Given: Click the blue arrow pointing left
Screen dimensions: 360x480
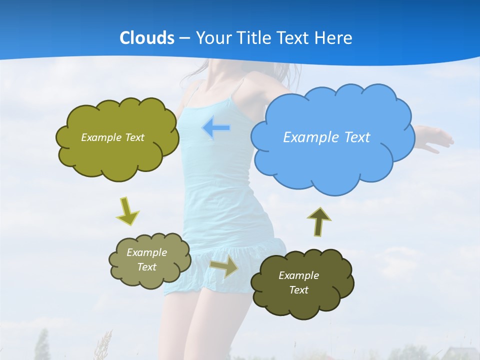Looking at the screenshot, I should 216,128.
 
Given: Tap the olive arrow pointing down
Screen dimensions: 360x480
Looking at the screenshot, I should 127,211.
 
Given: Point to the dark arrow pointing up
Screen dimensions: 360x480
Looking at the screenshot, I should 319,221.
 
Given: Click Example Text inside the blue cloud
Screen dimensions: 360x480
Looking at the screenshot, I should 326,137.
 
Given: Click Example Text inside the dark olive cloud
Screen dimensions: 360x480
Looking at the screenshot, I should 298,282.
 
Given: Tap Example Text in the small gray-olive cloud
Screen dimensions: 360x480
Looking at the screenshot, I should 147,259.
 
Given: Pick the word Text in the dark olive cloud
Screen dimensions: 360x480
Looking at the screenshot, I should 298,290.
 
